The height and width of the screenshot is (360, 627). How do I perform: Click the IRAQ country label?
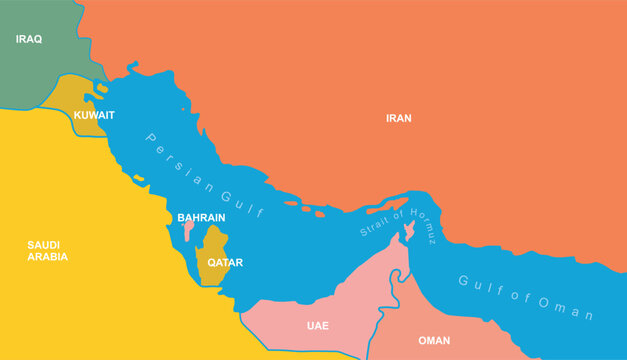click(29, 39)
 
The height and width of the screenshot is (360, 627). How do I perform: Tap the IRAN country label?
click(399, 118)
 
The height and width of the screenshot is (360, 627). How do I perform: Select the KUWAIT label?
click(94, 115)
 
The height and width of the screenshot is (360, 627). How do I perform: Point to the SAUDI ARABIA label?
click(48, 250)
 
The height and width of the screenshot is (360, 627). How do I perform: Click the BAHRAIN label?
click(201, 217)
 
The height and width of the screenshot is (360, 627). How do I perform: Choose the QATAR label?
click(225, 263)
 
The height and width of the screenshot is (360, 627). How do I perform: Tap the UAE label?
click(318, 326)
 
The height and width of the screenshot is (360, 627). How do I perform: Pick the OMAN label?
click(434, 340)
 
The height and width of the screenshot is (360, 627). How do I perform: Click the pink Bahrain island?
click(188, 229)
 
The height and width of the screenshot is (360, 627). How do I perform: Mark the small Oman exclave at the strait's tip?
click(407, 234)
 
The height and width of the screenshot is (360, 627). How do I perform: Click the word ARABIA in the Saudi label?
click(48, 257)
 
